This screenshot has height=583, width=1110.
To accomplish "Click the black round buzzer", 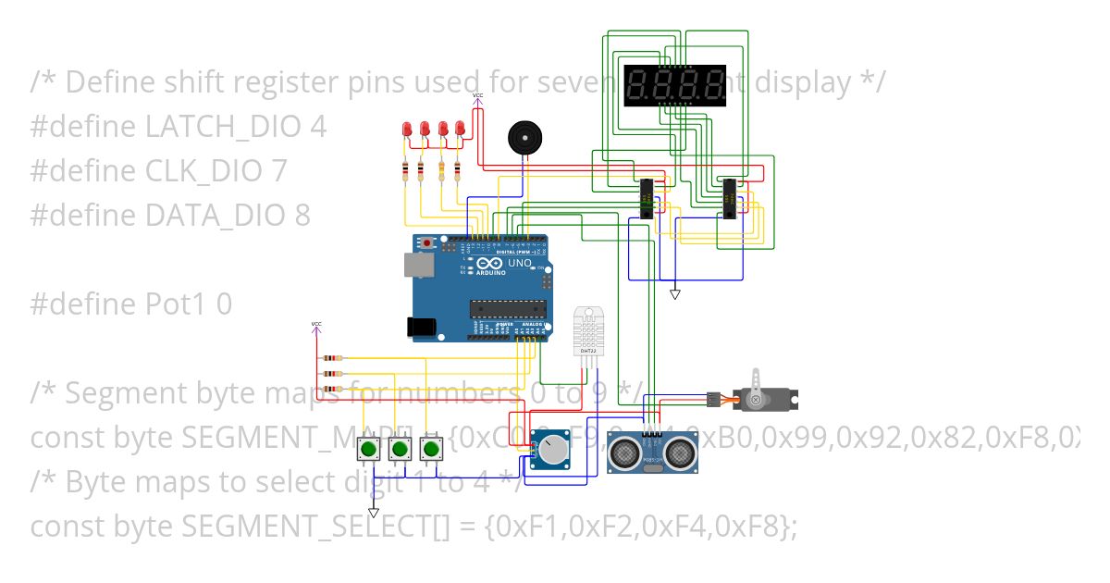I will point(524,139).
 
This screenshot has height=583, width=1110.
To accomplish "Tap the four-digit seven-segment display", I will point(675,84).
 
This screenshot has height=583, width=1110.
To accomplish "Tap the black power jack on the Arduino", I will point(422,327).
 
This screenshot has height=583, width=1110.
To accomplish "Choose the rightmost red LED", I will point(458,131).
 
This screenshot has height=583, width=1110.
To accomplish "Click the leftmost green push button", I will point(368,450).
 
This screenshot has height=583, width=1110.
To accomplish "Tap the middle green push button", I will point(400,450).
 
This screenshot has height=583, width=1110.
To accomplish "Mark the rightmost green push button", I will point(430,450).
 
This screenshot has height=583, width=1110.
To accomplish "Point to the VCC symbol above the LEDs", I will point(477,97).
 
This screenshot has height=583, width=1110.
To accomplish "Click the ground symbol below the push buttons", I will point(373,512).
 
